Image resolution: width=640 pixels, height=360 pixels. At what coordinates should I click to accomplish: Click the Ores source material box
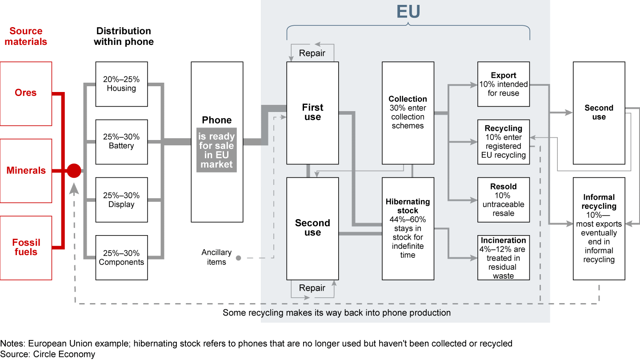click(x=26, y=93)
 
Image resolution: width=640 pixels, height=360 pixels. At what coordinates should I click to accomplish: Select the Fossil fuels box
click(x=26, y=248)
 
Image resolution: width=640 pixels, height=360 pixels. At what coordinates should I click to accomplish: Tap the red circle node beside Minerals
click(x=74, y=171)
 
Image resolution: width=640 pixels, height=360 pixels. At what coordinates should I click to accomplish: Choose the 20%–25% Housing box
click(x=121, y=84)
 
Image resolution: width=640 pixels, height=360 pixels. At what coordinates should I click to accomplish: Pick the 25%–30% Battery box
click(x=121, y=141)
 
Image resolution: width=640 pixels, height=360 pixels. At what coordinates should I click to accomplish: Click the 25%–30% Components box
click(x=121, y=257)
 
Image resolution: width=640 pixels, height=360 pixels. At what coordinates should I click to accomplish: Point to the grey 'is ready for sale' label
click(x=217, y=150)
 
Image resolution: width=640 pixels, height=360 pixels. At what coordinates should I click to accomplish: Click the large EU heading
click(x=408, y=12)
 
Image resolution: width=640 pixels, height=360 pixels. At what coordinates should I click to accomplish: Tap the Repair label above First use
click(x=312, y=53)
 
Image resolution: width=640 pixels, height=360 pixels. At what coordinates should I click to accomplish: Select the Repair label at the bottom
click(x=312, y=288)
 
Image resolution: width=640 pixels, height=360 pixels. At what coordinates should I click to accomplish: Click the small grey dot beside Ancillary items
click(x=238, y=257)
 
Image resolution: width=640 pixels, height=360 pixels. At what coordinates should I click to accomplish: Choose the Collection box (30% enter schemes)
click(x=408, y=112)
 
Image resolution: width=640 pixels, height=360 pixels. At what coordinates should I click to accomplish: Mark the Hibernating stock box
click(x=408, y=228)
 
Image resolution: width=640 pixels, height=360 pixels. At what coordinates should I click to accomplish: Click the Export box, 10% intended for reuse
click(x=503, y=84)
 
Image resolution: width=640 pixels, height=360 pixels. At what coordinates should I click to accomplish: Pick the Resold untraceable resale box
click(x=503, y=200)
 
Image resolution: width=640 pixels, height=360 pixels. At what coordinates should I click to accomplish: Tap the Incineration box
click(x=503, y=257)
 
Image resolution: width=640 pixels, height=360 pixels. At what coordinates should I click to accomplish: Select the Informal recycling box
click(x=599, y=228)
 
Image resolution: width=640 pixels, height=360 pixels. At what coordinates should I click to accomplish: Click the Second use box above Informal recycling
click(x=599, y=112)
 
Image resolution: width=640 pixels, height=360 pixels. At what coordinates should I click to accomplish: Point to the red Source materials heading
click(x=26, y=36)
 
